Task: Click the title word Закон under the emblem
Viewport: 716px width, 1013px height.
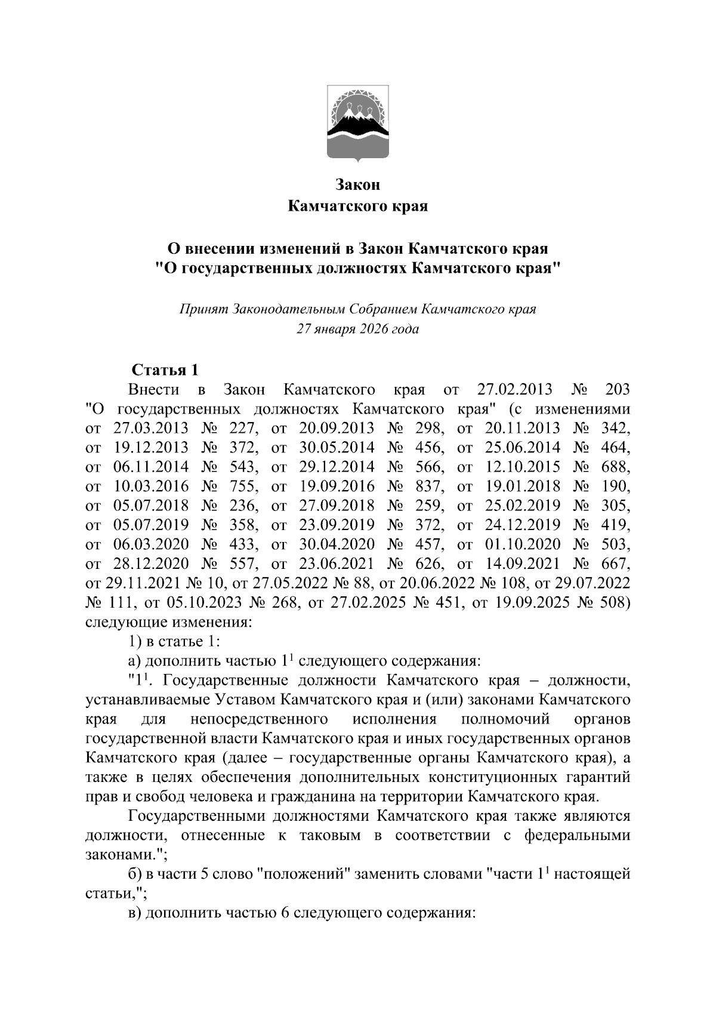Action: pos(358,184)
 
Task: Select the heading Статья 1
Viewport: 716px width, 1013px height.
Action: pos(165,370)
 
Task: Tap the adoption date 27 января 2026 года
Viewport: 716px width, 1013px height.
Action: pos(358,329)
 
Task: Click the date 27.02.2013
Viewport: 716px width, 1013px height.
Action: pos(516,390)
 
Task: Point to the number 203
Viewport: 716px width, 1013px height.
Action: pos(617,390)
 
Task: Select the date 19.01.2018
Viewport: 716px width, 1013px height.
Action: pos(523,486)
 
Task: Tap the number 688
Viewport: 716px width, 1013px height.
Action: pos(617,466)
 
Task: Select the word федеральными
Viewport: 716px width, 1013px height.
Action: pos(577,835)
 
